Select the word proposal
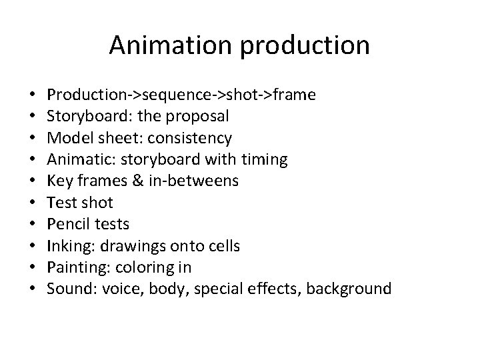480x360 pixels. point(199,117)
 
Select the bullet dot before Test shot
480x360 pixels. point(33,203)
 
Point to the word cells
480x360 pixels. point(224,246)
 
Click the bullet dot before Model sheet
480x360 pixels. point(33,139)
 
